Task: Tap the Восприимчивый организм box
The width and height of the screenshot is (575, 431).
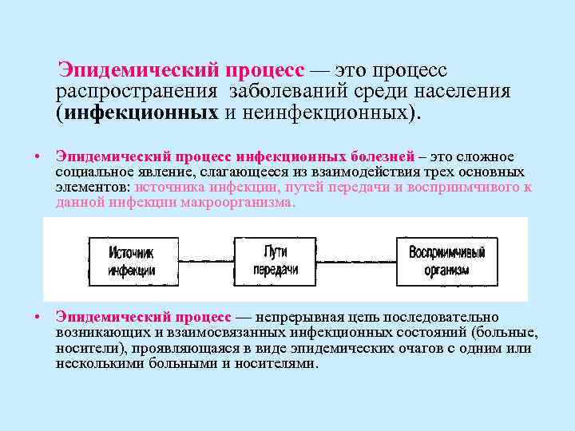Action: tap(446, 261)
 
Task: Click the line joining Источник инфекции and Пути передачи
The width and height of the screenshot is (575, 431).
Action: tap(206, 259)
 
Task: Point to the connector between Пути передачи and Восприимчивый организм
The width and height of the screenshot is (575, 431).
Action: tap(357, 259)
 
